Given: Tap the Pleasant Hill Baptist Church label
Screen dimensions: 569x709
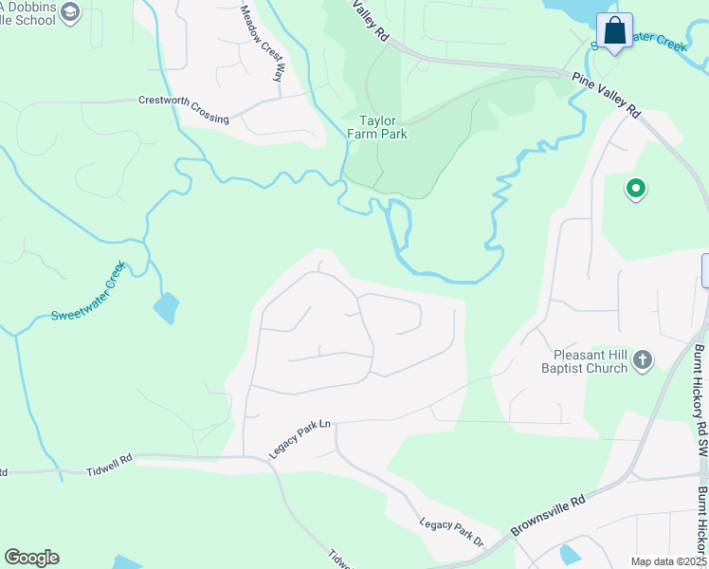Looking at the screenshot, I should coord(584,360).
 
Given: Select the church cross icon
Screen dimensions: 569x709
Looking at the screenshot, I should coord(643,359).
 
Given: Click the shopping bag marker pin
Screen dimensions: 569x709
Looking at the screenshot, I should coord(614,31).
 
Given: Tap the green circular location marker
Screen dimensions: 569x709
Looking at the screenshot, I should coord(636,190).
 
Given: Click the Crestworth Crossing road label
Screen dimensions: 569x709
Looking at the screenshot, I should coord(184,109).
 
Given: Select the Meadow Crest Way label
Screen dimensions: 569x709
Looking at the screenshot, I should coord(263,43).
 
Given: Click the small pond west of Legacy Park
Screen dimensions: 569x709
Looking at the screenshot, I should coord(166,307).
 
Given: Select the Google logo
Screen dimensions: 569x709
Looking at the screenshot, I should coord(31,558).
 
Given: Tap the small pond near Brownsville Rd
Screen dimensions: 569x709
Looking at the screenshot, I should coord(571,554).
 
